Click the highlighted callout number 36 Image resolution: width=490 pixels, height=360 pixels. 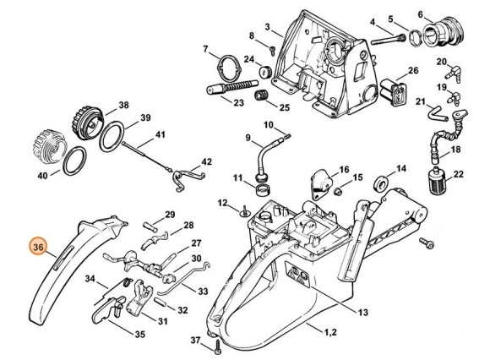[36, 247]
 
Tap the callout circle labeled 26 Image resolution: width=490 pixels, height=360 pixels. [413, 70]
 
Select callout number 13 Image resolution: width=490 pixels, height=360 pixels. [363, 313]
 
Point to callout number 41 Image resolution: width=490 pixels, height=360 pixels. [160, 135]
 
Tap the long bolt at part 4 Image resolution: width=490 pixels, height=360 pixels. [385, 35]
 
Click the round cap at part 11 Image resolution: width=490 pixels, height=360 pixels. [257, 180]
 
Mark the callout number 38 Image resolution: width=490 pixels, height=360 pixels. [123, 106]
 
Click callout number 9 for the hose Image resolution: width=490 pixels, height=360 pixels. [248, 137]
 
